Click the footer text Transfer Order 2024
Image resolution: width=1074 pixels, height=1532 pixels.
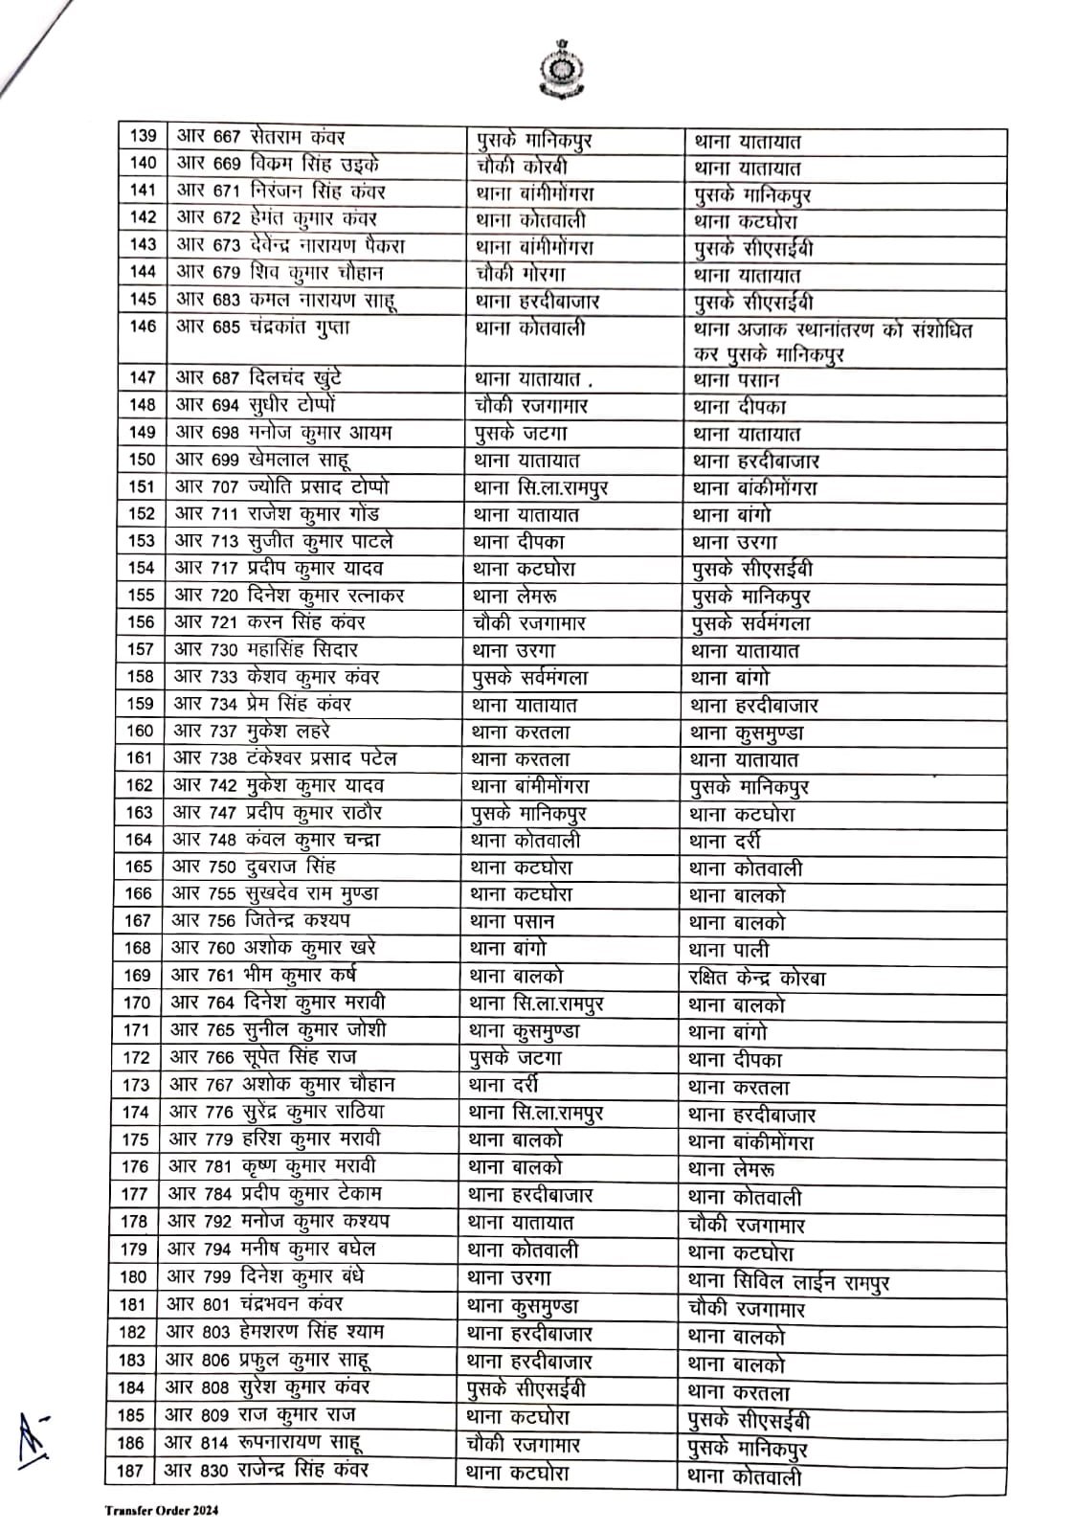pos(162,1511)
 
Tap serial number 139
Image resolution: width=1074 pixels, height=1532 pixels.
pos(143,137)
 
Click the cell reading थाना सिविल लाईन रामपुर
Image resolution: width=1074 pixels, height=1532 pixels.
pos(788,1280)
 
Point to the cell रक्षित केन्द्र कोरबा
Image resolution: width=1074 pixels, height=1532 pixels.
pos(757,978)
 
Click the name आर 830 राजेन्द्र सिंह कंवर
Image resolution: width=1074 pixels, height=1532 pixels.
pos(266,1470)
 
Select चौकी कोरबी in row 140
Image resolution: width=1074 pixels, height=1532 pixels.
pos(522,165)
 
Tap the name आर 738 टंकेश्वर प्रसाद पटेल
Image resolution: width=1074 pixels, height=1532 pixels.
pos(284,758)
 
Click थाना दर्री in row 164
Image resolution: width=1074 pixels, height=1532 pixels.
pos(725,842)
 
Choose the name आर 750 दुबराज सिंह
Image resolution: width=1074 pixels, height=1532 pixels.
pos(254,867)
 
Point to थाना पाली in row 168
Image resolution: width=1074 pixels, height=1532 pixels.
pos(728,951)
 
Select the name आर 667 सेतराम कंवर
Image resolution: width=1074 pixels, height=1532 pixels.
pos(259,137)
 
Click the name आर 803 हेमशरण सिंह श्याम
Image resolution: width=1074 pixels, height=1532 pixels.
pos(274,1332)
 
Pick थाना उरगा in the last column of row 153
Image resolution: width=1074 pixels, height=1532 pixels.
pos(734,542)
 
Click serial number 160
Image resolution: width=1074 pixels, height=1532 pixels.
pos(140,731)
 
